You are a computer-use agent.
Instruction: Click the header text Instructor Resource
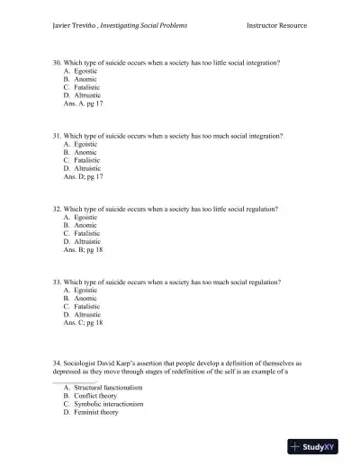(x=276, y=25)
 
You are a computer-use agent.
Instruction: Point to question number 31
(x=56, y=136)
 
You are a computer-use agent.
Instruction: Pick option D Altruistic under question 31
(x=82, y=168)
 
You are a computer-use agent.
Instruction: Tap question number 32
(x=56, y=209)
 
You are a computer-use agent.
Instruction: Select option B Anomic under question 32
(x=80, y=225)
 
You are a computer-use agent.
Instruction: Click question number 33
(x=56, y=282)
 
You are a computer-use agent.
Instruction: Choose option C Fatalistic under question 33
(x=82, y=306)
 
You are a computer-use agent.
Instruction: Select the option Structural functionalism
(x=102, y=387)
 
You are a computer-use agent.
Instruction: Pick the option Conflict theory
(x=90, y=395)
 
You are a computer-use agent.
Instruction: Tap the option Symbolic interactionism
(x=102, y=404)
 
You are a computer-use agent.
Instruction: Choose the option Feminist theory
(x=91, y=412)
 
